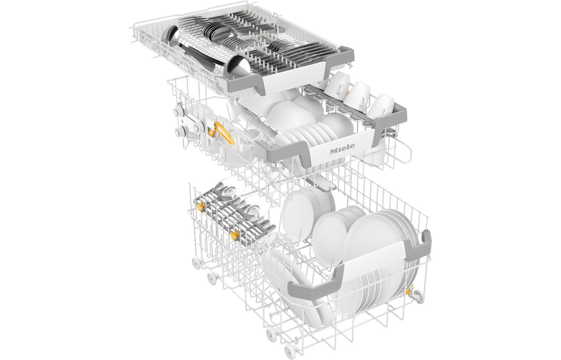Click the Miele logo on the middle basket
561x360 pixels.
[x=342, y=148]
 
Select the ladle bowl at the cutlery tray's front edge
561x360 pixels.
[x=237, y=68]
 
